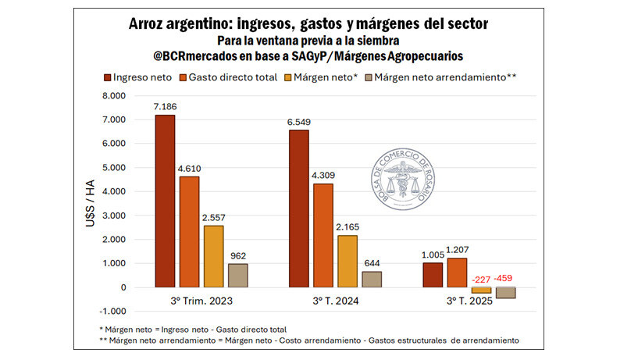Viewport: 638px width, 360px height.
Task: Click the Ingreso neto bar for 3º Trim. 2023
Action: [x=165, y=201]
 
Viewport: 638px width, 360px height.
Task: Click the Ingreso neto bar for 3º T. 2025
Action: [x=432, y=275]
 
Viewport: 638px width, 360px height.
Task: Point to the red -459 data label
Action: [x=504, y=279]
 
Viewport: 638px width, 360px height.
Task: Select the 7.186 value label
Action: [x=165, y=106]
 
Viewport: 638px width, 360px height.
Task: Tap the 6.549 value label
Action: [x=299, y=122]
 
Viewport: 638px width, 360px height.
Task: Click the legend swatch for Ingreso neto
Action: [x=108, y=77]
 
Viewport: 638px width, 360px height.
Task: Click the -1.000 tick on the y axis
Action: [x=111, y=311]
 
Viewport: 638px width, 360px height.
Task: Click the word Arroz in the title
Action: [x=150, y=23]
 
